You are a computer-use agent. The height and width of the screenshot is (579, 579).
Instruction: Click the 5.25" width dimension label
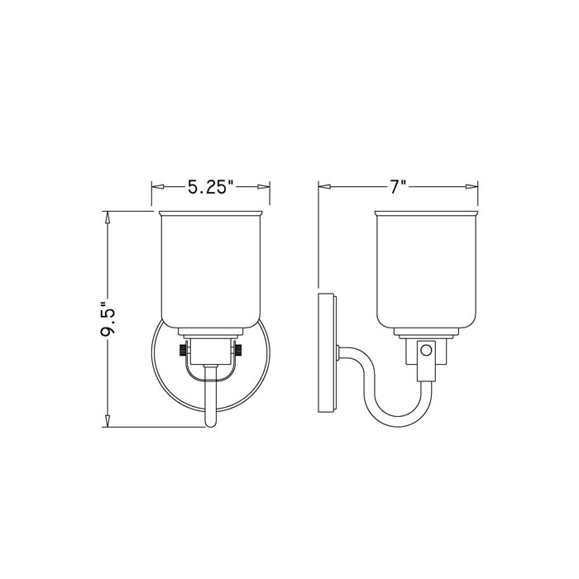point(211,188)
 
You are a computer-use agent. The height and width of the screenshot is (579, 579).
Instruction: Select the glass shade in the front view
point(211,269)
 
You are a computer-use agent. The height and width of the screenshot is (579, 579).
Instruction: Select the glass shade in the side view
point(427,269)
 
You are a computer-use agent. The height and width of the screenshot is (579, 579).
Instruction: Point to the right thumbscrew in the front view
point(239,351)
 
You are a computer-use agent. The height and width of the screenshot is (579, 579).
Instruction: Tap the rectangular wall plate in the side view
point(327,351)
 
